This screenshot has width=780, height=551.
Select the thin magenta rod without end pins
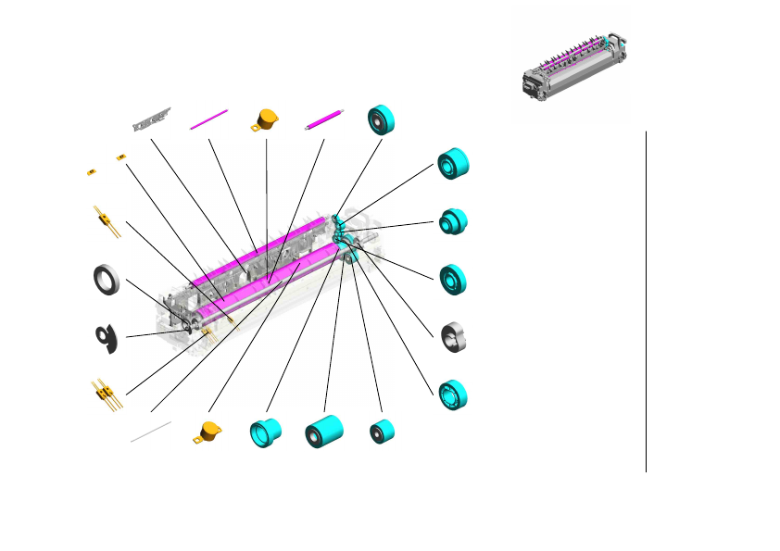tap(208, 119)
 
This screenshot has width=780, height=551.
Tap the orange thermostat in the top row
tap(267, 119)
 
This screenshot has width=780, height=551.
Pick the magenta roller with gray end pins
tap(325, 119)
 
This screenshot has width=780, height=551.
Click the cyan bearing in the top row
tap(381, 119)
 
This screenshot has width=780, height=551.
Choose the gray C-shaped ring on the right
tap(453, 336)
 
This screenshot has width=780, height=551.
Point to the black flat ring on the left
tap(107, 279)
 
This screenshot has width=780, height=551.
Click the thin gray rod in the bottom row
tap(151, 432)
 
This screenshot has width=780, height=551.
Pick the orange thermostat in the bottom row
tap(209, 432)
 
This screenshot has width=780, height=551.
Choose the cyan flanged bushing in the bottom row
tap(265, 432)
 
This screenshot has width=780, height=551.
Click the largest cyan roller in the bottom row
tap(324, 432)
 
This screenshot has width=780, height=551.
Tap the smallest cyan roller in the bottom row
tap(383, 432)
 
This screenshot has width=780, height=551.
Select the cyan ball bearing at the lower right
tap(453, 394)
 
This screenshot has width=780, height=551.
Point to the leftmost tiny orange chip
tap(91, 171)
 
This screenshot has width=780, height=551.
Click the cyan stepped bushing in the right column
tap(453, 220)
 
